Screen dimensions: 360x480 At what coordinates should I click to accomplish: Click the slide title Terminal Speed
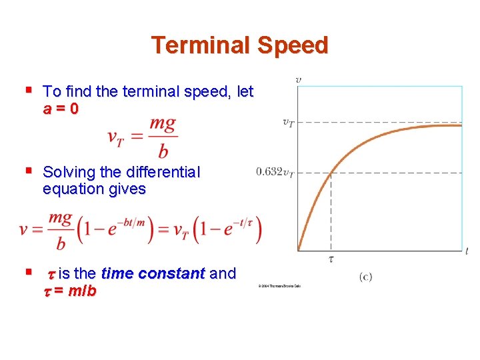pyautogui.click(x=239, y=45)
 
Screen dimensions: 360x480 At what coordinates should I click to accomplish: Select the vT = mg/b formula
pyautogui.click(x=142, y=138)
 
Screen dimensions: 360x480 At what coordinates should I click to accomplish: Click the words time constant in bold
pyautogui.click(x=153, y=274)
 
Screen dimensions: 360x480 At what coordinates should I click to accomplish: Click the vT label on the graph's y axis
pyautogui.click(x=288, y=122)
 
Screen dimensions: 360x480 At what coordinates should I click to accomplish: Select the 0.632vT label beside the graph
pyautogui.click(x=275, y=173)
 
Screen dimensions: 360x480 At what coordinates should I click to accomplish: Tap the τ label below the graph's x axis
pyautogui.click(x=331, y=259)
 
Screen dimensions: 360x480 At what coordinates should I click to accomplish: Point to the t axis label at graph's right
pyautogui.click(x=467, y=251)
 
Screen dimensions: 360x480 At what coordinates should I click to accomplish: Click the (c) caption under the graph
pyautogui.click(x=365, y=276)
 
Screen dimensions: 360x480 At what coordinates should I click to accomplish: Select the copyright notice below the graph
pyautogui.click(x=277, y=286)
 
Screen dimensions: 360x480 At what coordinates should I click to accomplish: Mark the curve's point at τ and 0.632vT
pyautogui.click(x=331, y=173)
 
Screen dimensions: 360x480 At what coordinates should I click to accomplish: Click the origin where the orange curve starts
pyautogui.click(x=298, y=250)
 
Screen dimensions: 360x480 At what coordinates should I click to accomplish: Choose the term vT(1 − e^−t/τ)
pyautogui.click(x=217, y=230)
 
